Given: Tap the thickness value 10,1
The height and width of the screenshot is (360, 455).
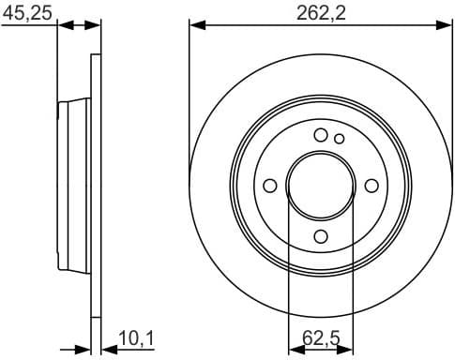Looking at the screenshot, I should click(x=135, y=337).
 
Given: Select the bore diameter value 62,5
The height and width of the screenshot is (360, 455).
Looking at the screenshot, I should click(x=320, y=337).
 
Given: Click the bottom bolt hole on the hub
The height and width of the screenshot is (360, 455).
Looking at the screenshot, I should click(x=320, y=235).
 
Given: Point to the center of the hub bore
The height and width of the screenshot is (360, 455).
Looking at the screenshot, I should click(x=320, y=185).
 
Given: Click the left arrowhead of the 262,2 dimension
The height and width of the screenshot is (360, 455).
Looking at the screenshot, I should click(x=196, y=25).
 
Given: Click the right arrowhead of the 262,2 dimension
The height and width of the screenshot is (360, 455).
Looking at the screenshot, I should click(x=444, y=25).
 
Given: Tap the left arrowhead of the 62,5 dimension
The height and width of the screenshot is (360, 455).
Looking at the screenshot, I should click(x=292, y=349).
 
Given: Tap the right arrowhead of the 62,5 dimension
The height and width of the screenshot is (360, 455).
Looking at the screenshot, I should click(x=348, y=349).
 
